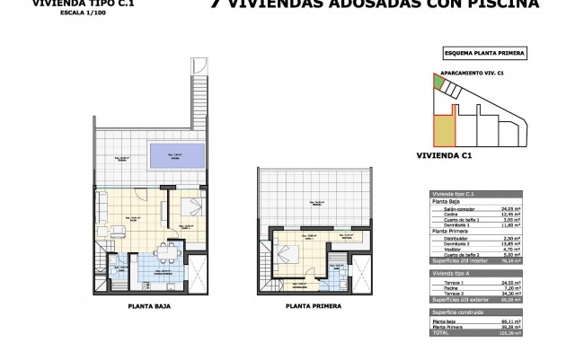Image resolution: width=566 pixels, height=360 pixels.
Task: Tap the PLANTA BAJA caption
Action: tap(152, 306)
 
